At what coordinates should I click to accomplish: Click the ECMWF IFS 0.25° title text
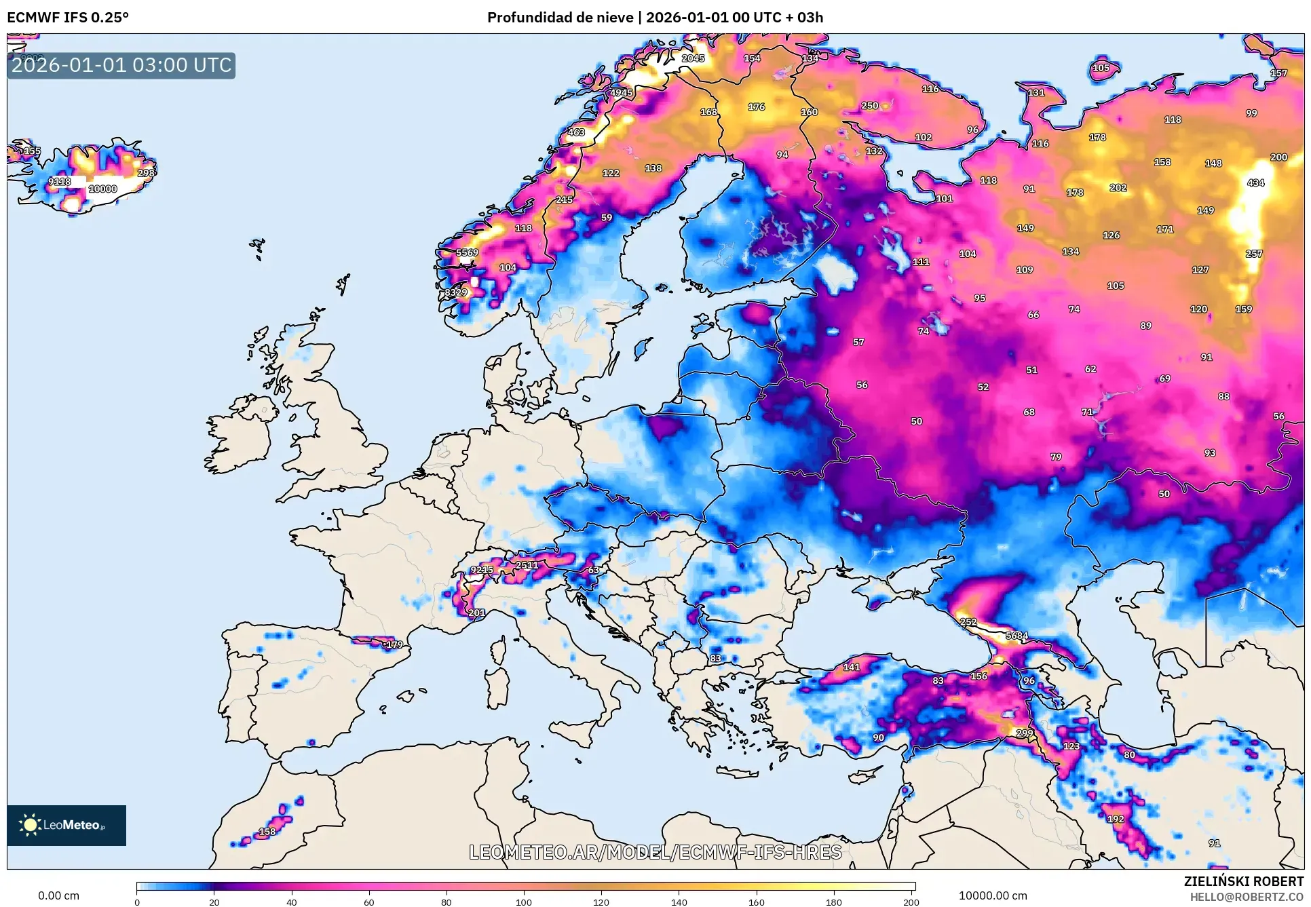68,18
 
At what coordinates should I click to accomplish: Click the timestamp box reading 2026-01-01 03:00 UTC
121,66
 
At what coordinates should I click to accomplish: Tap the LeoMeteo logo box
66,825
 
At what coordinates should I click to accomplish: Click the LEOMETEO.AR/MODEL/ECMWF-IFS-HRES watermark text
655,852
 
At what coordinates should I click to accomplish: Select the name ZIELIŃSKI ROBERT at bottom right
1243,881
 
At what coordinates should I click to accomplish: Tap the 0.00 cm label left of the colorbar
58,895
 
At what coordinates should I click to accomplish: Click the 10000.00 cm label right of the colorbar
992,895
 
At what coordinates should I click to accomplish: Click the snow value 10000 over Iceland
103,189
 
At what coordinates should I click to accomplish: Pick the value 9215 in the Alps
482,570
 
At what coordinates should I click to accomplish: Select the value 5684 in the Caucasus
1016,636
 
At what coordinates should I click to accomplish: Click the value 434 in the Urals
1255,182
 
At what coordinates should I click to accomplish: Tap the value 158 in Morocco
267,831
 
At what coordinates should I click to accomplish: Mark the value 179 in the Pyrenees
394,644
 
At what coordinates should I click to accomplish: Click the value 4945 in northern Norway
621,93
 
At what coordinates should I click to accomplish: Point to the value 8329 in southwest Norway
456,292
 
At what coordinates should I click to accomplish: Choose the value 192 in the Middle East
1116,819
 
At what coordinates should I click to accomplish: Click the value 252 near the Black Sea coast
968,622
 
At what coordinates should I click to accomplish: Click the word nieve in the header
617,18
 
